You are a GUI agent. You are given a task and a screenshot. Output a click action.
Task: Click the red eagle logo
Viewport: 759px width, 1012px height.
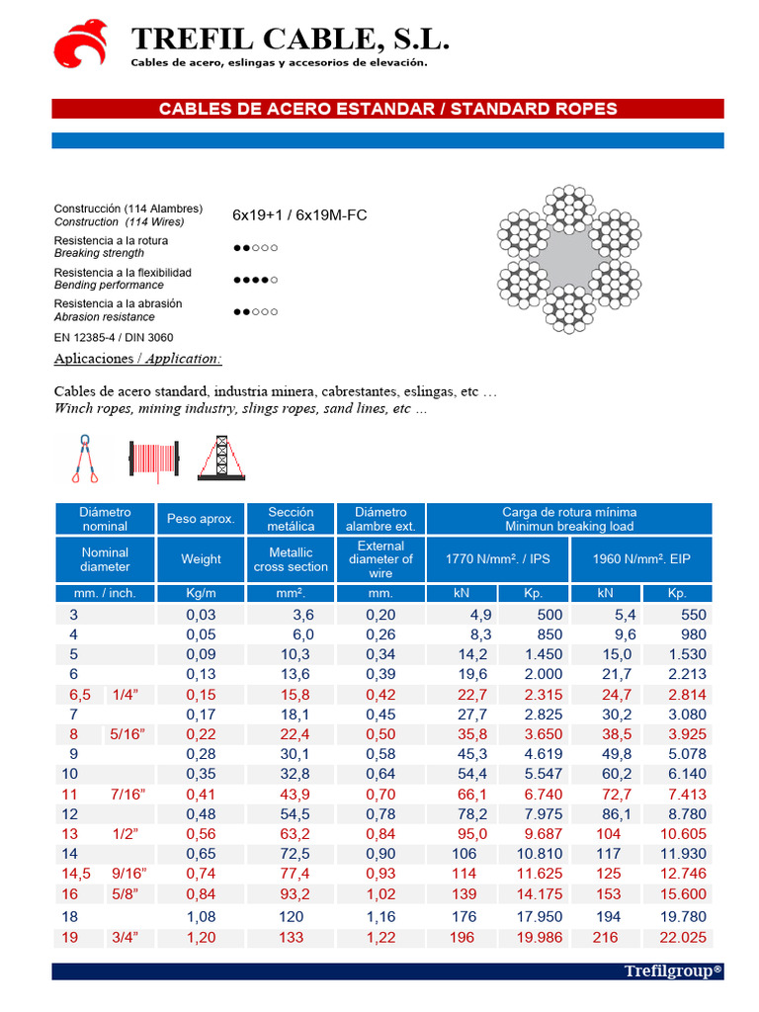[x=80, y=42]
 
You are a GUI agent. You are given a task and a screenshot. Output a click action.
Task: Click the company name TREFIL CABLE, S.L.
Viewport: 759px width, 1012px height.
[x=290, y=39]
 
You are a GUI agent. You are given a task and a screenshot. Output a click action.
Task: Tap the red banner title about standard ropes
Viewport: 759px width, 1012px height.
[x=387, y=109]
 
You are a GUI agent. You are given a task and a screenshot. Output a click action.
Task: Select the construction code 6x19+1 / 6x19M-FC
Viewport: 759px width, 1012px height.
[x=299, y=214]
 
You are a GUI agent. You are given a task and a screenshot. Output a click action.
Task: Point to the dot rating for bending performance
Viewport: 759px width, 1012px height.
[x=255, y=280]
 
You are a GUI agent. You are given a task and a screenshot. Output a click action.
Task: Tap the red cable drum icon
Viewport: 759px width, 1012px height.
[x=153, y=460]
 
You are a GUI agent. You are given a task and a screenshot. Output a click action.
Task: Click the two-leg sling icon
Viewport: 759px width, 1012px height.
[x=84, y=460]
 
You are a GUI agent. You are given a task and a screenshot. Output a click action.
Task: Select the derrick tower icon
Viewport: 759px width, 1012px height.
[x=221, y=459]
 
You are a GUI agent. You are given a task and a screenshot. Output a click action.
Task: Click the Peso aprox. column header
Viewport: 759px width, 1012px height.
[x=201, y=519]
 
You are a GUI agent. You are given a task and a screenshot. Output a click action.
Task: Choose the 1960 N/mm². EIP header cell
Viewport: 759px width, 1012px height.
[x=640, y=559]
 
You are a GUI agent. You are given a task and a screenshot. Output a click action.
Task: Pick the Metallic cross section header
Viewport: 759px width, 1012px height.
[x=291, y=559]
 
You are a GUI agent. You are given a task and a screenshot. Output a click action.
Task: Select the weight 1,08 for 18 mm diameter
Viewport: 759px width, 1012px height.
[x=201, y=917]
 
